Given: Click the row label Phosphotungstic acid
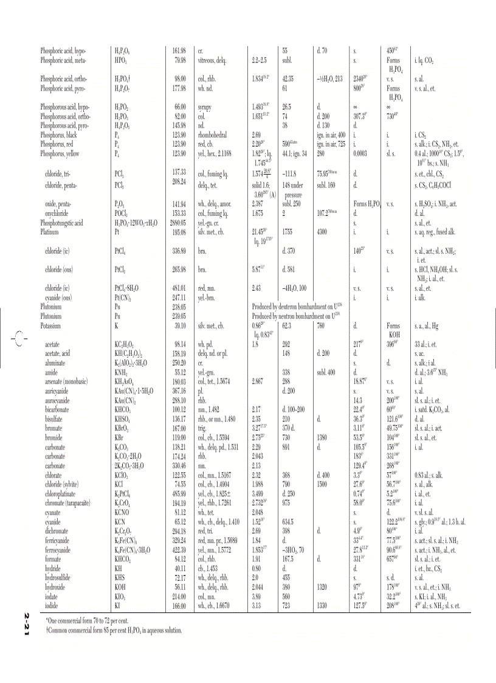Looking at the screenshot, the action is [x=61, y=223].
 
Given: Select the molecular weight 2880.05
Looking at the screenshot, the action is [x=176, y=223].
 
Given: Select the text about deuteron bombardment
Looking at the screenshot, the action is [x=294, y=307].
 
